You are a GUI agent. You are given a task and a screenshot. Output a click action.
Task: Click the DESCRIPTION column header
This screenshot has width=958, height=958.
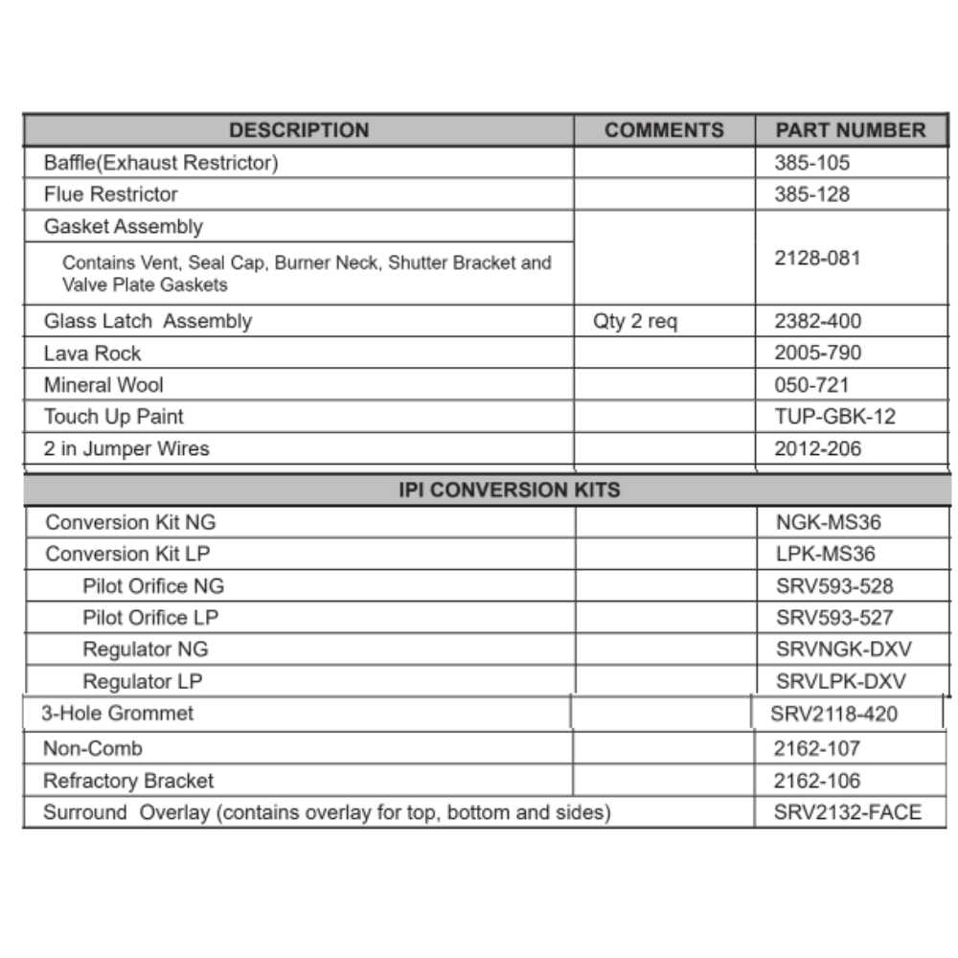pos(299,130)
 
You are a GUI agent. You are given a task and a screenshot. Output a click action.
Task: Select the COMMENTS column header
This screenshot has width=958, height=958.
pos(664,130)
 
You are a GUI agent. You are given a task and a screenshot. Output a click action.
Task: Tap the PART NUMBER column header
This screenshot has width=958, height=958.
pos(851,130)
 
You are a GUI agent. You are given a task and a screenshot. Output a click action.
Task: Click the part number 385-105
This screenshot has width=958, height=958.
pos(811,163)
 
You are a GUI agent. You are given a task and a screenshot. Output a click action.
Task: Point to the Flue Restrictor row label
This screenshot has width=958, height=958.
pos(111,194)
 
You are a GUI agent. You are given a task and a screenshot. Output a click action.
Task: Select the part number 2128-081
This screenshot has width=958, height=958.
pos(817,258)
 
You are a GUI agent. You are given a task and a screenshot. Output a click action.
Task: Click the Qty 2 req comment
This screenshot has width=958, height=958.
pos(634,322)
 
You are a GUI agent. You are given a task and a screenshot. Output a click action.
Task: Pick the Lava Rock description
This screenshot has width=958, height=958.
pos(92,354)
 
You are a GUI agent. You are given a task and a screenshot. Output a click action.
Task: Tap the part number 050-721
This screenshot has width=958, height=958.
pos(811,385)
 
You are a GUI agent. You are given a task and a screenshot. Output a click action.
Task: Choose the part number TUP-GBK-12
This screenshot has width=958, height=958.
pos(835,417)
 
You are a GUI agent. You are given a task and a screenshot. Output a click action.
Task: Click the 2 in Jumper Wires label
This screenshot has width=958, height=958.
pos(126,448)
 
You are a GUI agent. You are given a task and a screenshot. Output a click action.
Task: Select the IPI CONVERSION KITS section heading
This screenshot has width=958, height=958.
pos(509,490)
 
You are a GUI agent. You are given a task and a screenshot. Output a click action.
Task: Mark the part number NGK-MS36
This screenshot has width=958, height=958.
pos(828,523)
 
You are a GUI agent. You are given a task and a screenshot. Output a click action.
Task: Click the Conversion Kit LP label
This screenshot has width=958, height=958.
pos(127,555)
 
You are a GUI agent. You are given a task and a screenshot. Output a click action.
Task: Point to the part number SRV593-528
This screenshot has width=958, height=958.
pos(834,586)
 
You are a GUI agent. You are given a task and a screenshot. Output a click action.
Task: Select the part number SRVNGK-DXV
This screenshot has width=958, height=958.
pos(844,650)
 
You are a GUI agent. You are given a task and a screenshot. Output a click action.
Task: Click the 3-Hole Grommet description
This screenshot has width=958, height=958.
pos(117,714)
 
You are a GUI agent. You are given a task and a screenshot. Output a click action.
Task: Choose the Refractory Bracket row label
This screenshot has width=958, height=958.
pos(128,781)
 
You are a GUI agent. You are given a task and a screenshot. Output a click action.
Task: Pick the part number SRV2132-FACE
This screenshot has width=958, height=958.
pos(847,813)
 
